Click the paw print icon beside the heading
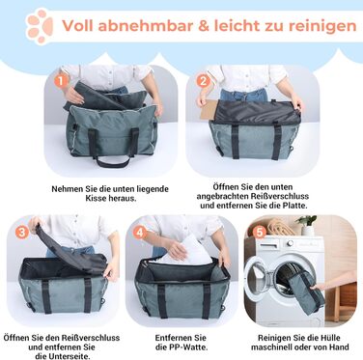pyautogui.click(x=40, y=26)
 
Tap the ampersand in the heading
pyautogui.click(x=204, y=26)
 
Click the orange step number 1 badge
pyautogui.click(x=62, y=80)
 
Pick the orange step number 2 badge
pyautogui.click(x=203, y=81)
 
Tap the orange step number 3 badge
pyautogui.click(x=22, y=232)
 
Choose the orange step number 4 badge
pyautogui.click(x=140, y=232)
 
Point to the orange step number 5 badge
pyautogui.click(x=260, y=232)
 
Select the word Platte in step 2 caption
pyautogui.click(x=294, y=206)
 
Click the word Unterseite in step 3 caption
pyautogui.click(x=69, y=356)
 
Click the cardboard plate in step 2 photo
pyautogui.click(x=211, y=110)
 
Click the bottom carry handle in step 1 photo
pyautogui.click(x=112, y=162)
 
